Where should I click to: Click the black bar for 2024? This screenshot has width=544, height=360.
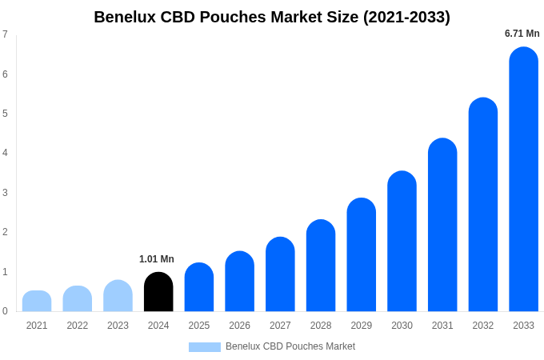158,292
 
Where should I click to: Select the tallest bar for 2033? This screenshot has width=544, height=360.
523,180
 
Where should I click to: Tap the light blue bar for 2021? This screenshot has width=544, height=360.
37,302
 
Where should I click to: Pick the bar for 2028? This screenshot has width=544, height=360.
321,266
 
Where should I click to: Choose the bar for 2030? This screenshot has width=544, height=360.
402,242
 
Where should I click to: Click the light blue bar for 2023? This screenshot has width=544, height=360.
118,296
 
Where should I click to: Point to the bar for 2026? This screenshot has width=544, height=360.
239,282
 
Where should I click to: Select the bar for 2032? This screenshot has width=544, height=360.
483,205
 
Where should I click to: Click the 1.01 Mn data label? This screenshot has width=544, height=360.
157,259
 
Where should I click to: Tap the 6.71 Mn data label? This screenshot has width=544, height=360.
522,34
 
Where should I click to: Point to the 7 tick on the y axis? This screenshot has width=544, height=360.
5,34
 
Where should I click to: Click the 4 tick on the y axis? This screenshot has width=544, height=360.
5,153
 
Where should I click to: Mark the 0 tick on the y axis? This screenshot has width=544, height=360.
5,311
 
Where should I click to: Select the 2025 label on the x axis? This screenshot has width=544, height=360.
199,326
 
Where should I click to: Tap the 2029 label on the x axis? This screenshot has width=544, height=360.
362,326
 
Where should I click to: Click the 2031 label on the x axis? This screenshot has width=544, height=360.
442,326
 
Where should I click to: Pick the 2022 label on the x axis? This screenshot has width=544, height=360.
78,326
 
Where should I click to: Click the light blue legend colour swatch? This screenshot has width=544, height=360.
204,347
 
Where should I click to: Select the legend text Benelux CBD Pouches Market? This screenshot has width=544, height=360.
290,346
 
